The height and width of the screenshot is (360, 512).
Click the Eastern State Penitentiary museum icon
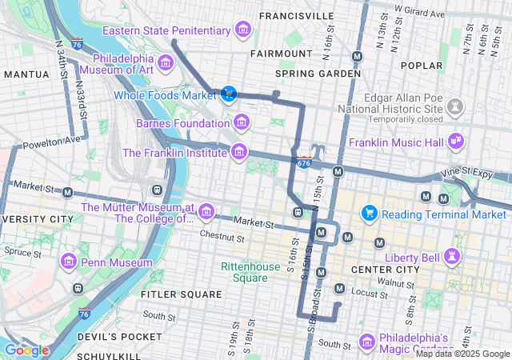(242, 31)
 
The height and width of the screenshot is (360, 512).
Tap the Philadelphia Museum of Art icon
(166, 62)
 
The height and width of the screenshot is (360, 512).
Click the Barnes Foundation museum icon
(241, 123)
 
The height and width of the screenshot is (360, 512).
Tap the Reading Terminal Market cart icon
(369, 214)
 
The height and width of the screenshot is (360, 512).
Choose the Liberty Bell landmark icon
(454, 256)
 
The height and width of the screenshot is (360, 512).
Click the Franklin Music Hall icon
(455, 141)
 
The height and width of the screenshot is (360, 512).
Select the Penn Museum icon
(68, 262)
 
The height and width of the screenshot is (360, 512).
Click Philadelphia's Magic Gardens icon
(366, 342)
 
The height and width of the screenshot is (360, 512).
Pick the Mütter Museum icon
(206, 211)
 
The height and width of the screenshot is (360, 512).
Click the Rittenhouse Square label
(245, 273)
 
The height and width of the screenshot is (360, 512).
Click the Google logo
(26, 350)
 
